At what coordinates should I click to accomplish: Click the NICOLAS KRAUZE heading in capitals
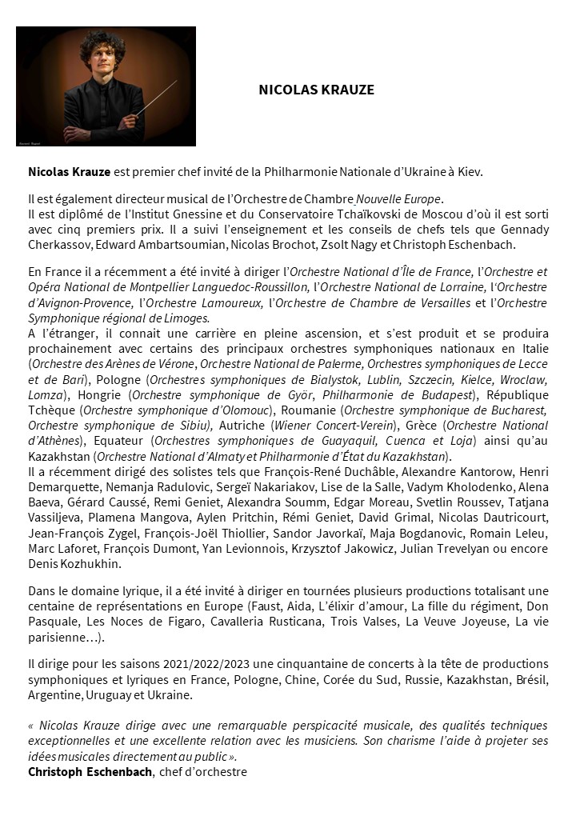317,90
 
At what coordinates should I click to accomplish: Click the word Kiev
470,171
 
